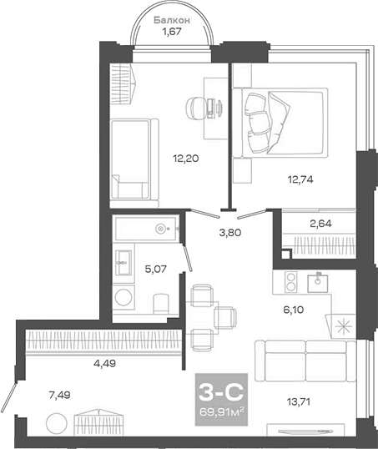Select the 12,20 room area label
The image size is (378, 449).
tap(186, 157)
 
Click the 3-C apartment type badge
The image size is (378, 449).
tap(219, 390)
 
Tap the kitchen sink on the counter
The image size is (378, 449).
tap(318, 282)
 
